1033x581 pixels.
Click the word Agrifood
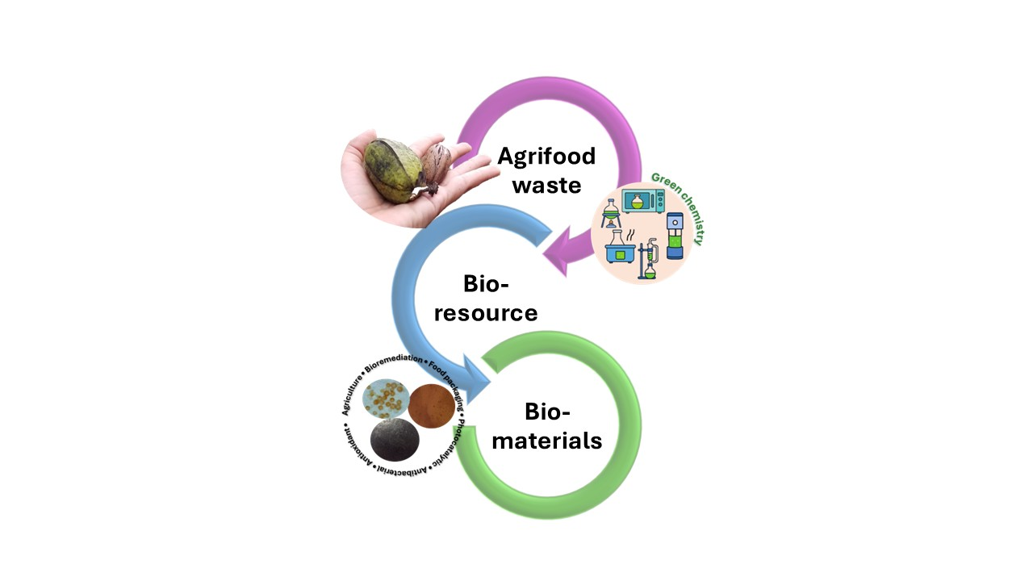tap(546, 155)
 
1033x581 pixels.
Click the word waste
tap(546, 185)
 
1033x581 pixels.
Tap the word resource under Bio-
tap(486, 312)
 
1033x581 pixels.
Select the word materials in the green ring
tap(548, 441)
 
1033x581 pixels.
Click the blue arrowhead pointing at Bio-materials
tap(485, 378)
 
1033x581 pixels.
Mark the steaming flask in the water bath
tap(620, 246)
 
